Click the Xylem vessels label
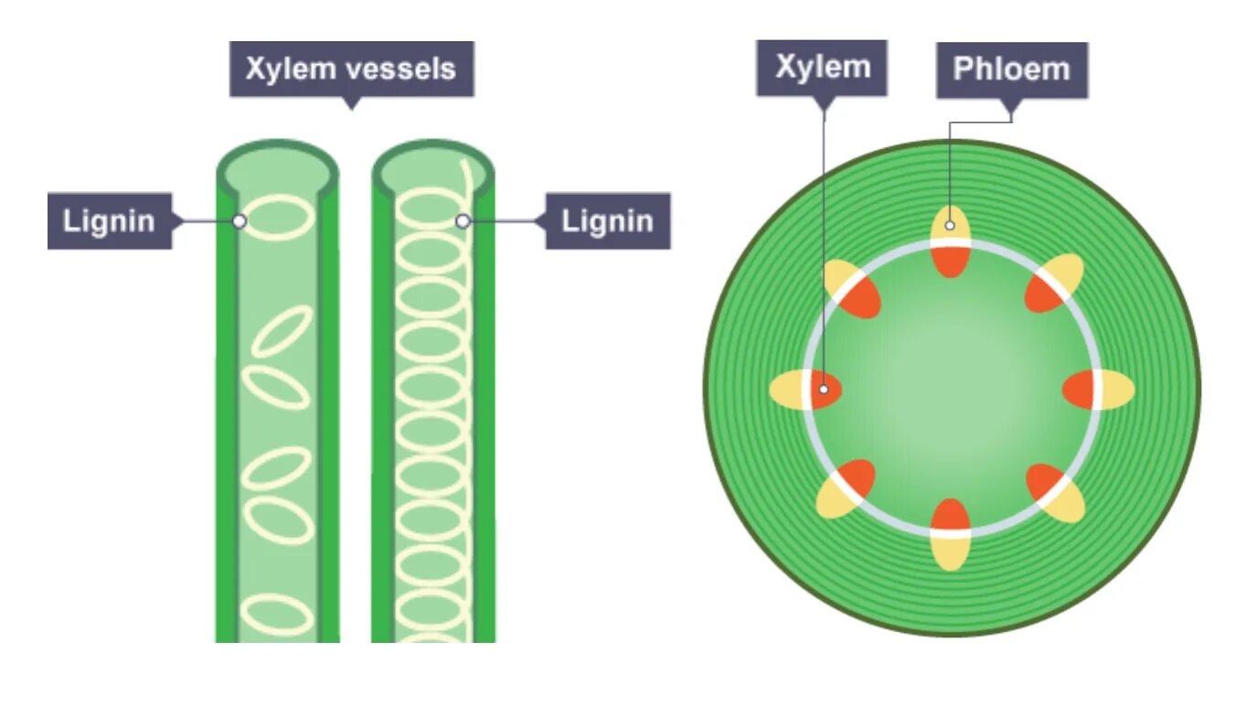pyautogui.click(x=351, y=69)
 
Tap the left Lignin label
pyautogui.click(x=109, y=220)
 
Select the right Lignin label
pyautogui.click(x=607, y=220)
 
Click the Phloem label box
pyautogui.click(x=1011, y=70)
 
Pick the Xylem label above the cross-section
pyautogui.click(x=821, y=68)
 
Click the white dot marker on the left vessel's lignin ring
pyautogui.click(x=240, y=220)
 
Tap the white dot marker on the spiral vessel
pyautogui.click(x=463, y=220)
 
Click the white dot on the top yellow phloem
pyautogui.click(x=951, y=224)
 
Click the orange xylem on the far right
pyautogui.click(x=1078, y=390)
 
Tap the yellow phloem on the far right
pyautogui.click(x=1117, y=390)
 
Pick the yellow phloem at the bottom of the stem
pyautogui.click(x=951, y=551)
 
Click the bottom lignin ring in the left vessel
pyautogui.click(x=279, y=614)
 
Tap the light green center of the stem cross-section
pyautogui.click(x=951, y=384)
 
